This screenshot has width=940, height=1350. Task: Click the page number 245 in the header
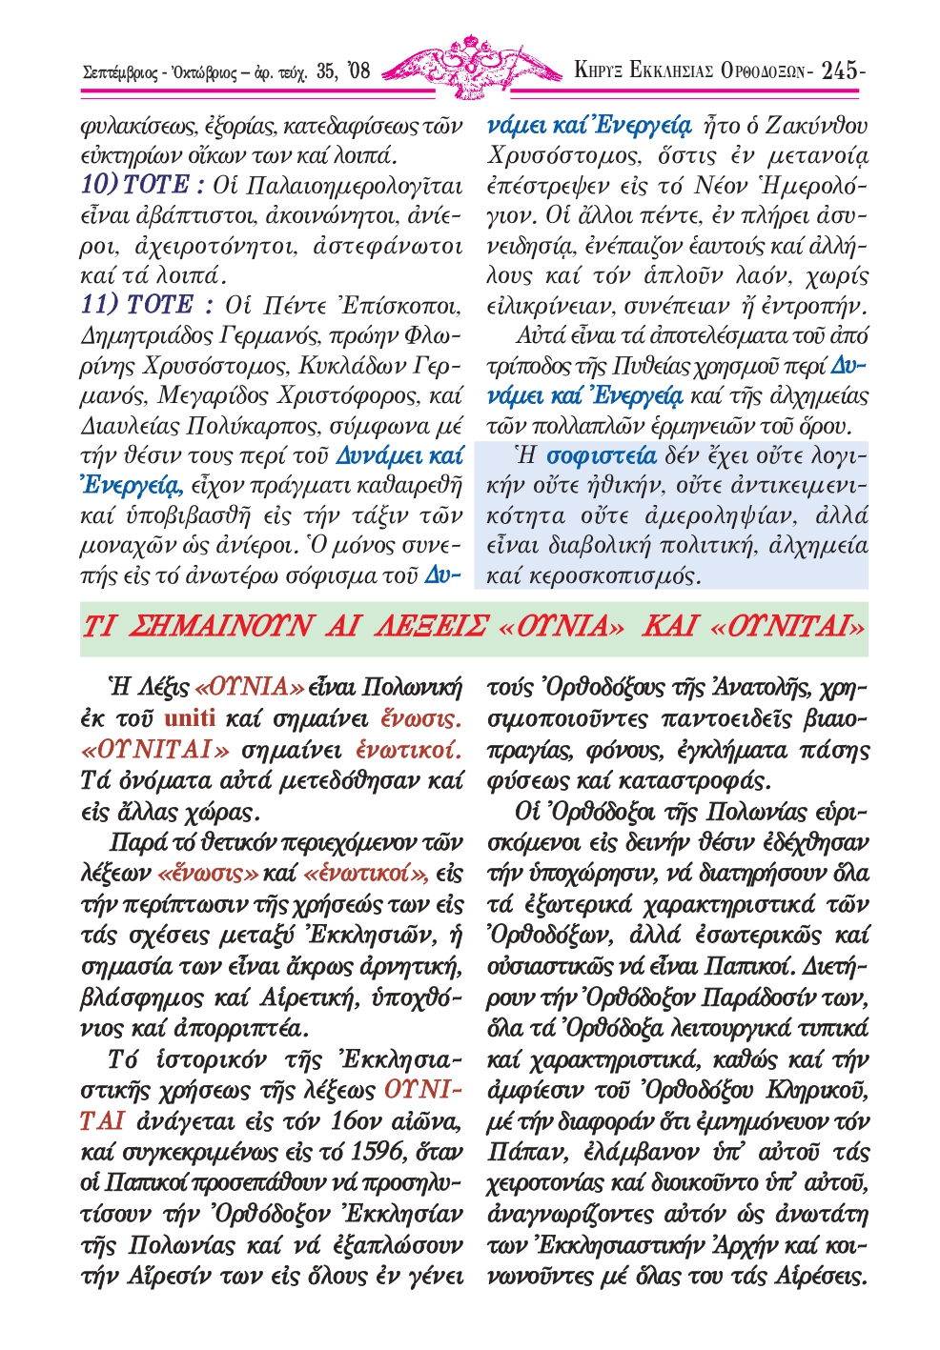point(840,70)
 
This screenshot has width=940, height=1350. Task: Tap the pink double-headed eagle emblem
point(471,66)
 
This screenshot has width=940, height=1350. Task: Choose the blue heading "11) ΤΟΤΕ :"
point(147,305)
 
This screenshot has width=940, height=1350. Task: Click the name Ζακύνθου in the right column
point(817,125)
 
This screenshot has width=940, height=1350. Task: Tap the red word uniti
point(189,716)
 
